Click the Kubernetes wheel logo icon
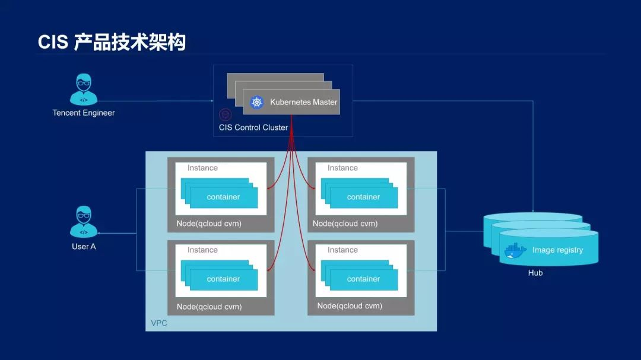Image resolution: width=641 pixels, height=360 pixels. pyautogui.click(x=256, y=102)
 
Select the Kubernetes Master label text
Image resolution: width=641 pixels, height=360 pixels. pyautogui.click(x=303, y=102)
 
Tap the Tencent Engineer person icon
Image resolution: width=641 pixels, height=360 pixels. pyautogui.click(x=84, y=90)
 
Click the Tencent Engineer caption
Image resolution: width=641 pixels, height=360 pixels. pyautogui.click(x=84, y=113)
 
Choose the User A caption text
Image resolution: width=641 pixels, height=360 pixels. pyautogui.click(x=84, y=246)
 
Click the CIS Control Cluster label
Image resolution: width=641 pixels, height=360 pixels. pyautogui.click(x=253, y=128)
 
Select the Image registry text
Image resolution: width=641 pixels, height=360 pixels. pyautogui.click(x=557, y=250)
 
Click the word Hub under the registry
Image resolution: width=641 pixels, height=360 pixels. pyautogui.click(x=535, y=273)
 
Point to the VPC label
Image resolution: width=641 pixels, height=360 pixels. pyautogui.click(x=158, y=323)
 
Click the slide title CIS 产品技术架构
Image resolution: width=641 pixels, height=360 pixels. pyautogui.click(x=112, y=42)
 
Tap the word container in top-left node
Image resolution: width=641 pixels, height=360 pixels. pyautogui.click(x=223, y=197)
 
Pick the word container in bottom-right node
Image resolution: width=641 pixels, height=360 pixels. pyautogui.click(x=363, y=279)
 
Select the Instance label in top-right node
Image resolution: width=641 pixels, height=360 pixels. pyautogui.click(x=342, y=168)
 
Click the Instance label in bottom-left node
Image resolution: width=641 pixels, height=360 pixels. pyautogui.click(x=202, y=250)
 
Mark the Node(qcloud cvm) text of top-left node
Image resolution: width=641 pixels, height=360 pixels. pyautogui.click(x=209, y=224)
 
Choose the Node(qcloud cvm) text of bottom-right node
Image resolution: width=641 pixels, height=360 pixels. pyautogui.click(x=350, y=306)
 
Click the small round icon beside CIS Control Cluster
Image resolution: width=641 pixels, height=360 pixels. pyautogui.click(x=225, y=114)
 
